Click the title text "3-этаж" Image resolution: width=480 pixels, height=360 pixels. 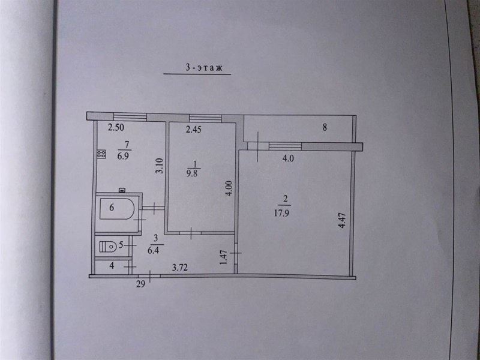(x=203, y=68)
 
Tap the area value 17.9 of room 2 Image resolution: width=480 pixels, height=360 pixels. (x=281, y=213)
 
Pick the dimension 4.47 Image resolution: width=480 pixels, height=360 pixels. (x=342, y=220)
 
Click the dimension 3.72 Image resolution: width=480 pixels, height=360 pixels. (x=179, y=268)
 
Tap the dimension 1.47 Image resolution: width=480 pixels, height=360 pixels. (x=224, y=258)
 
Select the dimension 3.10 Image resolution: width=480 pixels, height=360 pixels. (x=159, y=166)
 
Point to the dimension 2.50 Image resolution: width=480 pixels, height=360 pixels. (x=116, y=127)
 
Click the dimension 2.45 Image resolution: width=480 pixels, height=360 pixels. (x=193, y=130)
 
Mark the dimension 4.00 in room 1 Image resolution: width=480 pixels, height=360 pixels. (x=230, y=188)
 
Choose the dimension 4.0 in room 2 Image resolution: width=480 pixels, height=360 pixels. (x=288, y=158)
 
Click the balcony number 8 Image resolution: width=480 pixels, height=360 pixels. (x=325, y=127)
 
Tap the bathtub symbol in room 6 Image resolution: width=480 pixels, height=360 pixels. (x=117, y=209)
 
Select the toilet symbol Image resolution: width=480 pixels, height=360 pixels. (x=108, y=246)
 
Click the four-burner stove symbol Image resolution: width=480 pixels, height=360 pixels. (x=101, y=154)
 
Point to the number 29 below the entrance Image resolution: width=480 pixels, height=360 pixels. (x=140, y=284)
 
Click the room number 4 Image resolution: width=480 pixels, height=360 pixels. (x=112, y=265)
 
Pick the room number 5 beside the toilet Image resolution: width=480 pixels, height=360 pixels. (x=121, y=245)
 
